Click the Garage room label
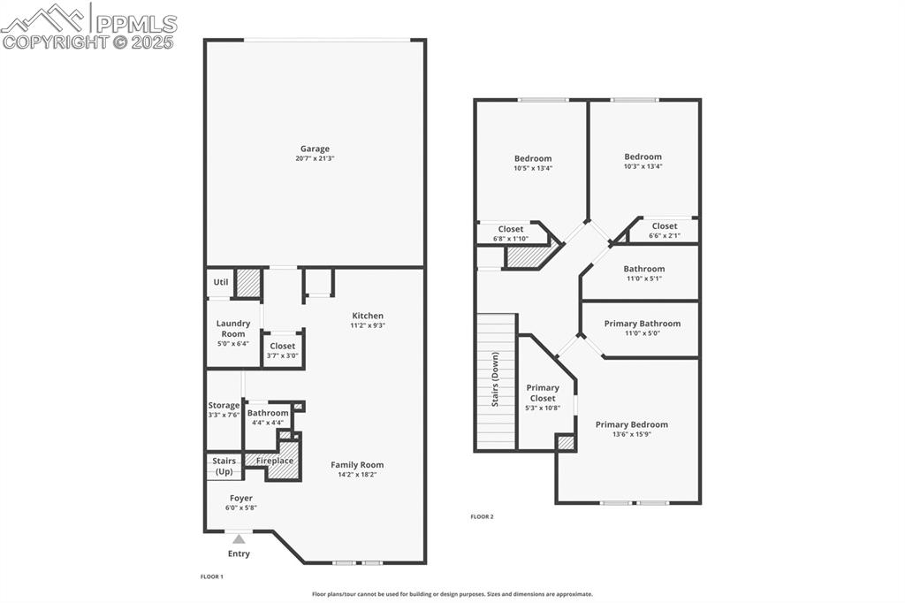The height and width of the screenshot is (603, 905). click(x=315, y=149)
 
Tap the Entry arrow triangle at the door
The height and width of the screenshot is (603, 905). click(x=239, y=538)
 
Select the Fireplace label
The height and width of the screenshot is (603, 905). click(x=275, y=461)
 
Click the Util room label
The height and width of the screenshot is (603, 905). click(x=221, y=282)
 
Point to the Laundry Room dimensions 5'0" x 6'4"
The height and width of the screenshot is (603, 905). click(x=233, y=343)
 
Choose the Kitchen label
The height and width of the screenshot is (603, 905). click(x=368, y=316)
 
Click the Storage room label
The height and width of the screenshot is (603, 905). click(x=224, y=405)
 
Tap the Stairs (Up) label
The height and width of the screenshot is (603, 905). click(x=224, y=465)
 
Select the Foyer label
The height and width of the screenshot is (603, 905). click(x=241, y=498)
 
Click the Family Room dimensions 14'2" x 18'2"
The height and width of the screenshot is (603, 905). click(x=357, y=475)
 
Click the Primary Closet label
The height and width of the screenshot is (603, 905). click(x=543, y=393)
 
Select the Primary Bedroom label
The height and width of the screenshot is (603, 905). click(x=631, y=424)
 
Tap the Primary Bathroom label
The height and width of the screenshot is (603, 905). click(x=643, y=324)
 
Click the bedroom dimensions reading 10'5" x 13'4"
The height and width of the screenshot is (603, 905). click(x=533, y=168)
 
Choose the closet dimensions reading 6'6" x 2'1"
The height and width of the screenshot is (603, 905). click(x=665, y=236)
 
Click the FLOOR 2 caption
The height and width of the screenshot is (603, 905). click(x=482, y=516)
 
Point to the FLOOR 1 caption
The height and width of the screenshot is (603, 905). click(x=212, y=576)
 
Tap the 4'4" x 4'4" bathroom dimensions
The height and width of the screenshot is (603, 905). click(x=268, y=423)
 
